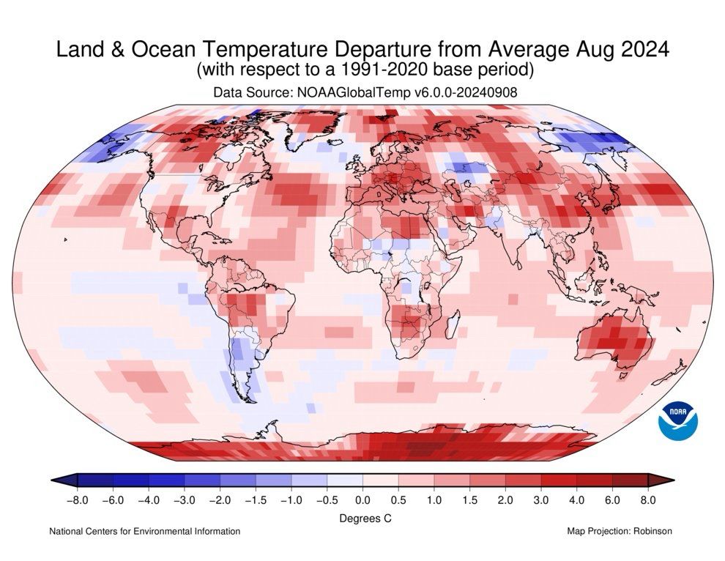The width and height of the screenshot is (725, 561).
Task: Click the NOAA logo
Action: (x=679, y=420)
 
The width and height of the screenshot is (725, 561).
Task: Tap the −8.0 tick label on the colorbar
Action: (x=76, y=500)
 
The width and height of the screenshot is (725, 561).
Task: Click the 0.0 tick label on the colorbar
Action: (x=362, y=500)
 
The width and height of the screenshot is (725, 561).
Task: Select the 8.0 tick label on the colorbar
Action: (x=648, y=500)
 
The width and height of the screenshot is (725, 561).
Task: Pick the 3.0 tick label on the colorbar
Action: (x=541, y=500)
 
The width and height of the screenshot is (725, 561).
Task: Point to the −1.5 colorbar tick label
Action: (x=256, y=500)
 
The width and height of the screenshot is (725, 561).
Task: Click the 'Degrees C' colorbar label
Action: (x=362, y=518)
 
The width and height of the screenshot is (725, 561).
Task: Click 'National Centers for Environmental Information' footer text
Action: (x=144, y=531)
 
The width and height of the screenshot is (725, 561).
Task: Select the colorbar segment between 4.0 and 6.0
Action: (x=595, y=480)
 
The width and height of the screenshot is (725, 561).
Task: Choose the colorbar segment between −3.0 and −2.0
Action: (x=202, y=480)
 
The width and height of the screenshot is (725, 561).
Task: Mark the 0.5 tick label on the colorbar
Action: (x=398, y=500)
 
